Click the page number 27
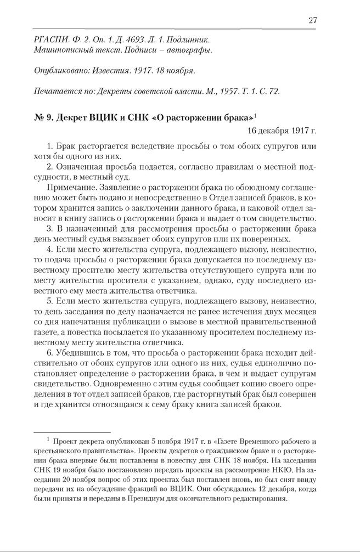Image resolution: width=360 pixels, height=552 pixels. tap(313, 20)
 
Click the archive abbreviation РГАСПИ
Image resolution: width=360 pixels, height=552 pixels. tap(51, 40)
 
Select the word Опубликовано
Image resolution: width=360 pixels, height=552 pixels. tap(62, 71)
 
